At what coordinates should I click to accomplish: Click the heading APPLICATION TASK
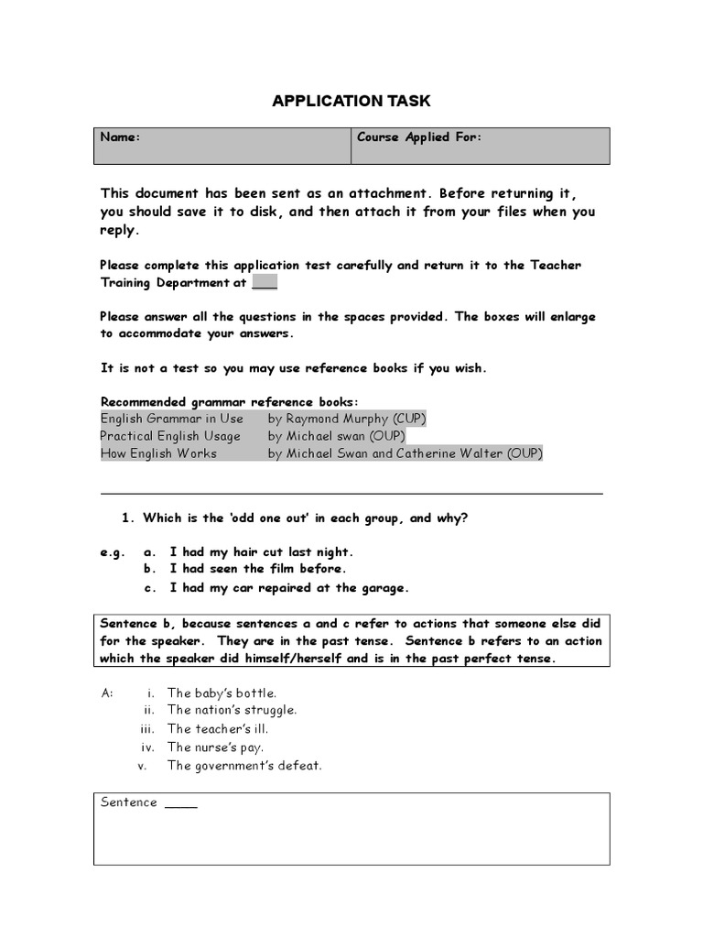351,101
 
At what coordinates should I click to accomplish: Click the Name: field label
120,137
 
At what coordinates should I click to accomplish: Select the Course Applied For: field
418,137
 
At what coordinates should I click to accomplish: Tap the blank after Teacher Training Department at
265,283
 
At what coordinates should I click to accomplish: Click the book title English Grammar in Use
172,419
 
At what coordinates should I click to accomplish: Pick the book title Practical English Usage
170,436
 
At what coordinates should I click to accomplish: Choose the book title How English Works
158,453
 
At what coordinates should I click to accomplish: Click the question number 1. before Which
128,518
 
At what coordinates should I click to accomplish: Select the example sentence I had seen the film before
257,569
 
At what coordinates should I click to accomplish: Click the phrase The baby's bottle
222,693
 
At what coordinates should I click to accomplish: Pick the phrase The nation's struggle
232,710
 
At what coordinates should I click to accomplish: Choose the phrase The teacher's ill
217,729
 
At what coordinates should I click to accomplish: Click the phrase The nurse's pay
215,747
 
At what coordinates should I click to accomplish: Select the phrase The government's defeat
244,766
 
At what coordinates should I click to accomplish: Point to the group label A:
107,693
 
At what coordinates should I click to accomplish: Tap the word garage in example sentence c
385,588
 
